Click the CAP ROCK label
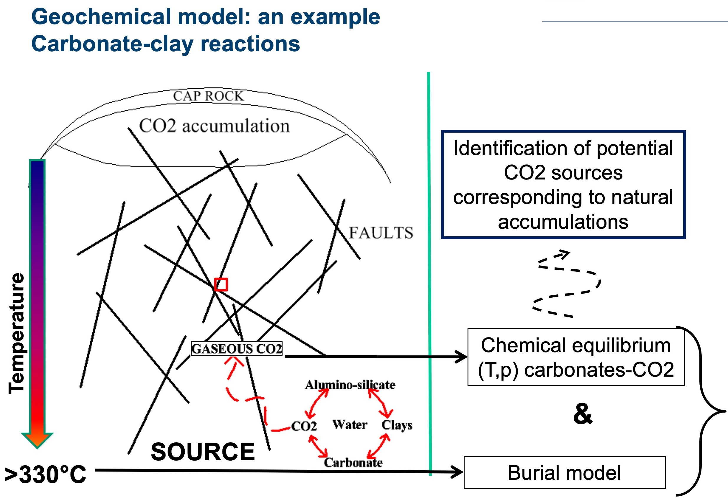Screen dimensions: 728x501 (208, 96)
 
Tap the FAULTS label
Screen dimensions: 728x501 (381, 233)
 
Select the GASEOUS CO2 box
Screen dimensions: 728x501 (237, 349)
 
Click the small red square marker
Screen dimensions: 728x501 (221, 285)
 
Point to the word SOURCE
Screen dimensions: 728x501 (203, 452)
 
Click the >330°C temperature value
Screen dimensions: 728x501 (45, 474)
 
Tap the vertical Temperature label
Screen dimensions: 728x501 (16, 334)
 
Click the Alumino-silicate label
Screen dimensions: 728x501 (350, 385)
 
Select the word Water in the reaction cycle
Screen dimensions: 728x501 (350, 425)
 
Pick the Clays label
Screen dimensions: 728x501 (397, 425)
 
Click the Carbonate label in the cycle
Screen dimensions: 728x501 (353, 463)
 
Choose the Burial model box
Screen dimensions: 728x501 (565, 472)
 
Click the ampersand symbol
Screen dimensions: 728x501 (583, 414)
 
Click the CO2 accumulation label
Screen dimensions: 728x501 (214, 126)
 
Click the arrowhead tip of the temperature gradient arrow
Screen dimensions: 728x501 (37, 449)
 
